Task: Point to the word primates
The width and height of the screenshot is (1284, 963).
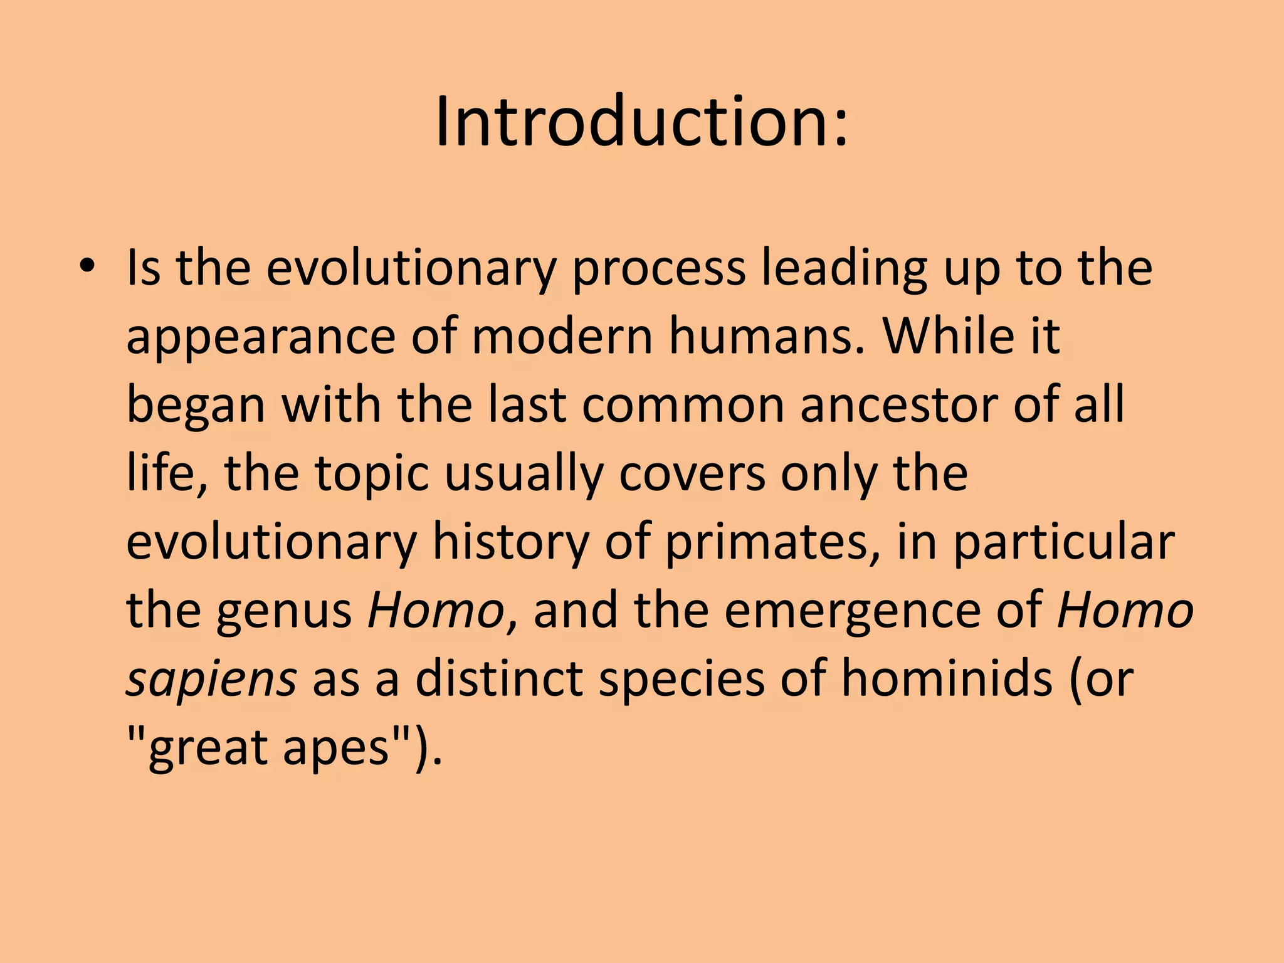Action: click(x=772, y=544)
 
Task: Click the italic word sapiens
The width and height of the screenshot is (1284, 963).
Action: click(x=211, y=682)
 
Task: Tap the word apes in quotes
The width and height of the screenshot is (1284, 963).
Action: click(x=337, y=750)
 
